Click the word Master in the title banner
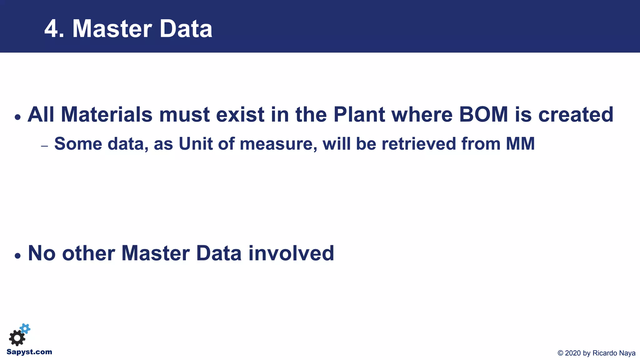[112, 29]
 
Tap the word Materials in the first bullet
[106, 115]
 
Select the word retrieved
[419, 144]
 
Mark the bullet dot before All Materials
[18, 117]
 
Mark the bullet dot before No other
[18, 256]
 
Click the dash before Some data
[44, 146]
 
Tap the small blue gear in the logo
[25, 328]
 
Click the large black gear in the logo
[17, 338]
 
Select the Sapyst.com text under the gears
[29, 352]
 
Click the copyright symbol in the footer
[560, 353]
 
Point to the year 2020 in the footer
[573, 353]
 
